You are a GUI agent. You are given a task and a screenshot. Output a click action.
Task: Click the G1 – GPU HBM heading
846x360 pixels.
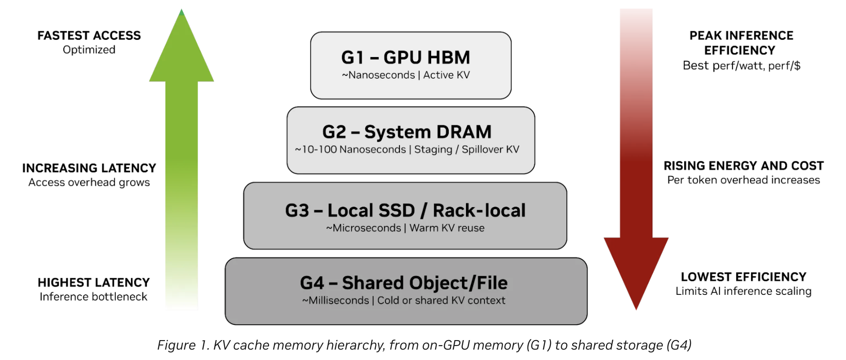tap(405, 57)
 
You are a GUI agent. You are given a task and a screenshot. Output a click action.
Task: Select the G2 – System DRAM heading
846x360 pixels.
tap(407, 132)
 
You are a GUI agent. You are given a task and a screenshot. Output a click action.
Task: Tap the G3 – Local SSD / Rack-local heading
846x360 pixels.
tap(405, 210)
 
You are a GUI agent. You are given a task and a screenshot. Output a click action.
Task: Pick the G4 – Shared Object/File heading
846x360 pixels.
tap(404, 283)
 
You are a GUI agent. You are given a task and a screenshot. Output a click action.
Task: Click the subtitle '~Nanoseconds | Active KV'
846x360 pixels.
tap(406, 75)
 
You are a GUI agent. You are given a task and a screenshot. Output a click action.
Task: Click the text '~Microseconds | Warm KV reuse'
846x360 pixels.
tap(405, 228)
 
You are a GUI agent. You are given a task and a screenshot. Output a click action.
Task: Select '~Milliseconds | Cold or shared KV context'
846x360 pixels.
tap(404, 300)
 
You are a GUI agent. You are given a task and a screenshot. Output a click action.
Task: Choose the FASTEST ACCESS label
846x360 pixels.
tap(89, 35)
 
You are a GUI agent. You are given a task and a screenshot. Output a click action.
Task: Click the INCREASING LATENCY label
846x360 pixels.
tap(89, 168)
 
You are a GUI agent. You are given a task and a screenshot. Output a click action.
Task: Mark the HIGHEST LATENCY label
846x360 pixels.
tap(94, 283)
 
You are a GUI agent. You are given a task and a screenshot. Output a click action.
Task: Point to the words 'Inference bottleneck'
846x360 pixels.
tap(94, 297)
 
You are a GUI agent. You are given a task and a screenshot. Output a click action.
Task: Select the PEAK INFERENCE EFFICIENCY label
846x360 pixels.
tap(741, 43)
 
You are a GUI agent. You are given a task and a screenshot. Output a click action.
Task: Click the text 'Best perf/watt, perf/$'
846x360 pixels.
tap(742, 66)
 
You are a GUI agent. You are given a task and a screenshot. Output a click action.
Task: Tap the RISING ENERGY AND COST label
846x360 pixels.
tap(743, 166)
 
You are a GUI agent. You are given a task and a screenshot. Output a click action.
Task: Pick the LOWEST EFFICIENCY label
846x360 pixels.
tap(743, 277)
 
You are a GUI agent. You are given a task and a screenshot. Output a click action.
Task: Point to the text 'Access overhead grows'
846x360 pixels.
tap(89, 182)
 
